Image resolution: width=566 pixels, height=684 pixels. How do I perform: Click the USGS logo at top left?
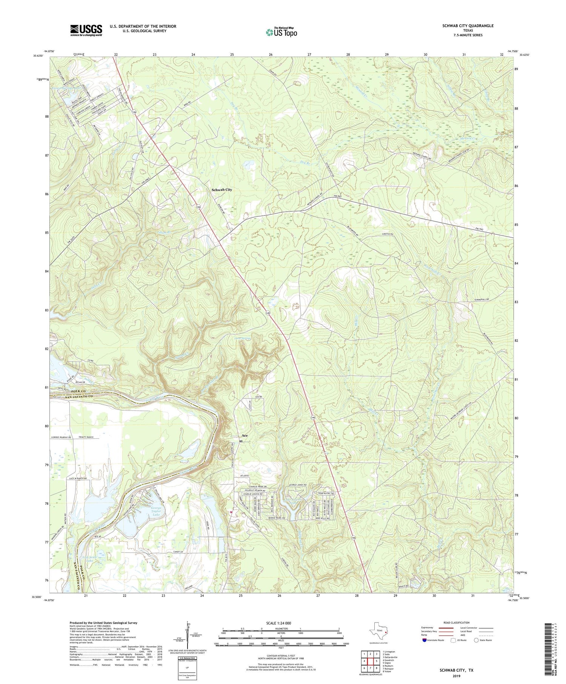[86, 30]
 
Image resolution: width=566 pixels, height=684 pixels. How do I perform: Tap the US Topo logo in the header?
[281, 32]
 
